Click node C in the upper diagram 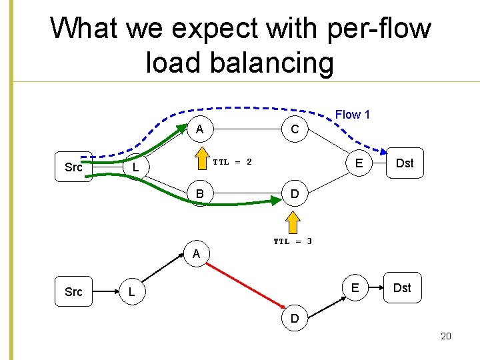(x=294, y=129)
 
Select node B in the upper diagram (x=200, y=195)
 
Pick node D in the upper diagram (x=294, y=195)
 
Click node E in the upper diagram (x=359, y=163)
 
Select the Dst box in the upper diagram (x=404, y=163)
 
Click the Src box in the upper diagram (x=73, y=167)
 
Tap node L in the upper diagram (x=135, y=167)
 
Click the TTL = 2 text (x=232, y=162)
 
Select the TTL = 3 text (x=293, y=241)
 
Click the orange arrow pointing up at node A (x=200, y=160)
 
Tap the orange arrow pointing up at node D (x=293, y=224)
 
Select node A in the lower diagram (x=196, y=254)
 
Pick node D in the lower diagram (x=294, y=319)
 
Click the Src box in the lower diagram (x=73, y=292)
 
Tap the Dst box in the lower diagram (x=402, y=287)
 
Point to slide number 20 (x=446, y=336)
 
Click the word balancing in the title (x=239, y=63)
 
